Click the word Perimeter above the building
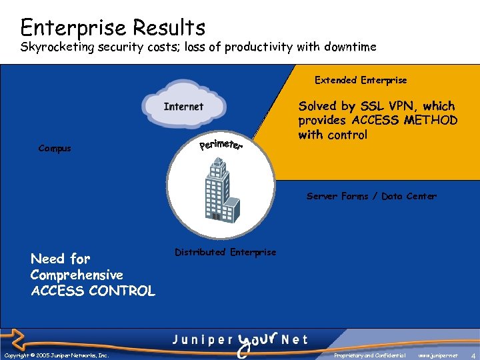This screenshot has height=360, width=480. (221, 143)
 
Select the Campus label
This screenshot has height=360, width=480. (55, 148)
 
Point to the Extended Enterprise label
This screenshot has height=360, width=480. (361, 80)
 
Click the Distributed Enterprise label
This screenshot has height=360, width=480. (225, 252)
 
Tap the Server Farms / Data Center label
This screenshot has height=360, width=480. (371, 196)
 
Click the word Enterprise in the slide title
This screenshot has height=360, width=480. (73, 27)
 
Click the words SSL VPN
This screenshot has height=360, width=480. (387, 106)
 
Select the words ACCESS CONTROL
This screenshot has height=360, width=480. (93, 291)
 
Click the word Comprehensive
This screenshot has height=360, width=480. (77, 275)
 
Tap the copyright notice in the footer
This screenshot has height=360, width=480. (56, 355)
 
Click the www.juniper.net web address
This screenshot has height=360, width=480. (438, 355)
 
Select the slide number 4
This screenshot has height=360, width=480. (472, 355)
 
